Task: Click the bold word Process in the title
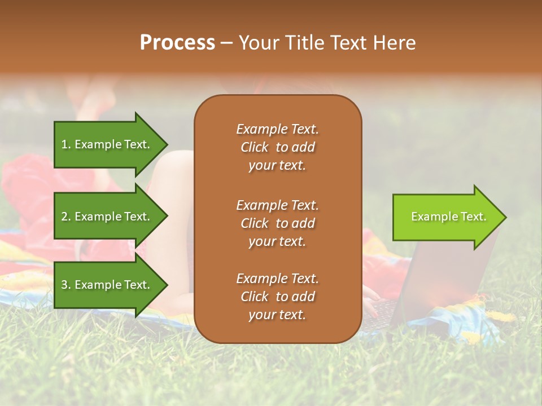177,43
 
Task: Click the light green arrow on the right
446,217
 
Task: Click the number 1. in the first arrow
66,144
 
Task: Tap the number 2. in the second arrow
66,217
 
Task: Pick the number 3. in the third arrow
66,285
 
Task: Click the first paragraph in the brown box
277,147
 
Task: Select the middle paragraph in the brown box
277,223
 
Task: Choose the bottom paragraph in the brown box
277,297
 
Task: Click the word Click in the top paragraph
255,147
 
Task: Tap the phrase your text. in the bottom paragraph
277,315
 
